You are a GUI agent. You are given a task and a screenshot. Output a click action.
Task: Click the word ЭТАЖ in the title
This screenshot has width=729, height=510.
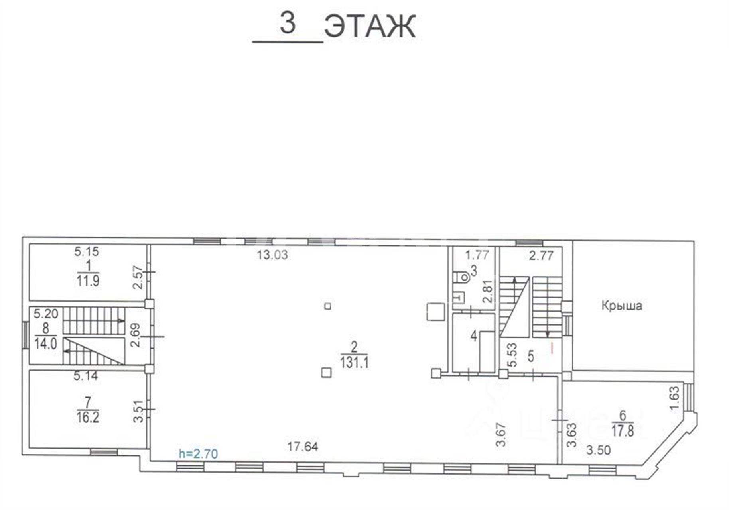(x=370, y=26)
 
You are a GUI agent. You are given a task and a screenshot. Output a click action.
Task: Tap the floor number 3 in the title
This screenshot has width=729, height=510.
(x=288, y=23)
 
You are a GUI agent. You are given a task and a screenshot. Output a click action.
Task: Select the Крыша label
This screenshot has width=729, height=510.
(x=622, y=306)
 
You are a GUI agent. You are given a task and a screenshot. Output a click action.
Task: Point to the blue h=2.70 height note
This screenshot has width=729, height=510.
(x=198, y=453)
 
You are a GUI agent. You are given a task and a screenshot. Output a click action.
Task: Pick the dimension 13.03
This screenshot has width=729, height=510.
(x=272, y=255)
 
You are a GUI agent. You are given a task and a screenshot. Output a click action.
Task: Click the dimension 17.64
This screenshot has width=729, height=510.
(x=303, y=447)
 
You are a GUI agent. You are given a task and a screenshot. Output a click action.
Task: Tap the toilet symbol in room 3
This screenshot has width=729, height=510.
(x=462, y=277)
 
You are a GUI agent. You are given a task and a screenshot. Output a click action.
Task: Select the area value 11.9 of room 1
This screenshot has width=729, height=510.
(x=88, y=281)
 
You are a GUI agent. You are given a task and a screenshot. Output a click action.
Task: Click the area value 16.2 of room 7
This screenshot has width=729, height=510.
(x=88, y=417)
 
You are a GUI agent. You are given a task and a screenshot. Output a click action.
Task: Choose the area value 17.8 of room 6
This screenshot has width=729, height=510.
(x=623, y=431)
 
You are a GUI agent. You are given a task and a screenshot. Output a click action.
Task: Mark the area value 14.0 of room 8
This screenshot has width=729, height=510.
(x=45, y=343)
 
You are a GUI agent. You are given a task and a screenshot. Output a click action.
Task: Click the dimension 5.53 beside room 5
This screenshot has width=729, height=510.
(x=512, y=355)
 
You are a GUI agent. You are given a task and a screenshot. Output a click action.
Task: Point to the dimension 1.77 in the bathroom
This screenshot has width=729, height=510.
(x=477, y=255)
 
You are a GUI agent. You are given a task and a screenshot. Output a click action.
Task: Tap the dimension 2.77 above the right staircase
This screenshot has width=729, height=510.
(x=541, y=255)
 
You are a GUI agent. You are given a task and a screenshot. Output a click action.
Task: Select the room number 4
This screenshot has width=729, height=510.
(x=473, y=336)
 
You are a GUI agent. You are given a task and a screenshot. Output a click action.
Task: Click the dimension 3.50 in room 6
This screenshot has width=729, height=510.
(x=598, y=450)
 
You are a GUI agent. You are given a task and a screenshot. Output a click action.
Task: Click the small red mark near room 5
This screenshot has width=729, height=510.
(x=552, y=348)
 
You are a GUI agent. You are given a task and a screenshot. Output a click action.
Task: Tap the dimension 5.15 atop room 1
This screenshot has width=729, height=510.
(x=87, y=251)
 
